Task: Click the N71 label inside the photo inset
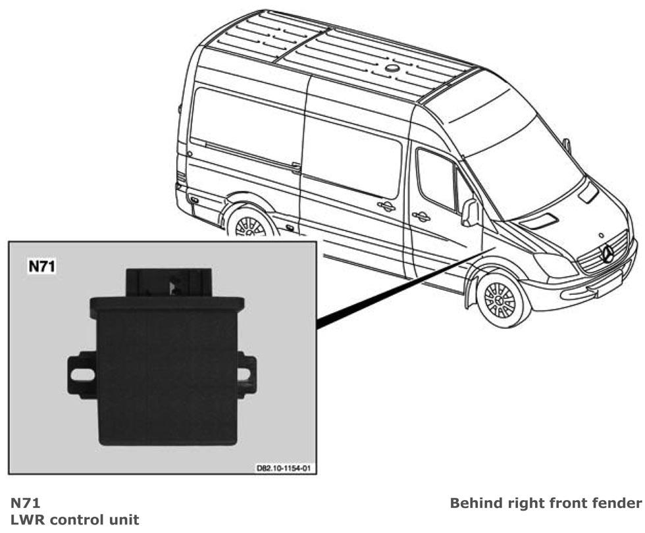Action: (x=41, y=266)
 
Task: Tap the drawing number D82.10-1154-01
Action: (x=284, y=468)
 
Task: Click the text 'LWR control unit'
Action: (x=74, y=520)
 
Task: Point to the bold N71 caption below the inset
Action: (x=25, y=503)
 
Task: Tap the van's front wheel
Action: (x=500, y=299)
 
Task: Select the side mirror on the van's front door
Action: (x=470, y=212)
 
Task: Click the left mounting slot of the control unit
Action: (x=82, y=374)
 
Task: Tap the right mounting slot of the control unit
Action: (x=244, y=374)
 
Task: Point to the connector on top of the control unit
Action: (x=168, y=282)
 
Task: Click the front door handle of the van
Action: (x=421, y=216)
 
